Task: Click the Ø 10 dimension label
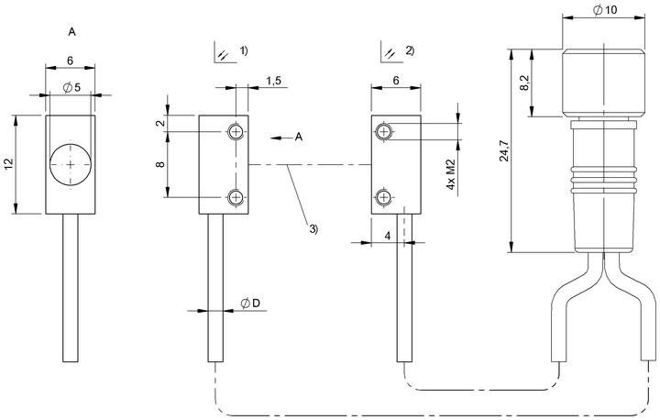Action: pos(605,9)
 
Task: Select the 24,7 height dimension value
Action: pos(504,150)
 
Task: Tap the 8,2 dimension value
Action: pos(524,83)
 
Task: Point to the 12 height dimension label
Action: pos(9,164)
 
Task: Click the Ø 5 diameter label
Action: pos(71,88)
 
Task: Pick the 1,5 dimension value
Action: pos(273,81)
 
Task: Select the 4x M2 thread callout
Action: pos(451,174)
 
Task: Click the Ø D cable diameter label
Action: pos(250,303)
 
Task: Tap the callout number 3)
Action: pos(314,228)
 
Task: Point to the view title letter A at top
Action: pos(72,31)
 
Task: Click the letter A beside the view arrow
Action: pos(299,137)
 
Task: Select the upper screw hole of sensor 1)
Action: pos(236,132)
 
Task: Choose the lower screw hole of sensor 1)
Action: pos(236,197)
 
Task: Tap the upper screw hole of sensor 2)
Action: pos(383,132)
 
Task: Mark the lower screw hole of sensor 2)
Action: pos(383,197)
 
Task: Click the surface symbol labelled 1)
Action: pos(225,52)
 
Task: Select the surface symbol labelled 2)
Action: pos(391,52)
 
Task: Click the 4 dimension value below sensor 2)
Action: pos(388,236)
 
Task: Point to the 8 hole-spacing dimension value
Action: pos(160,164)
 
